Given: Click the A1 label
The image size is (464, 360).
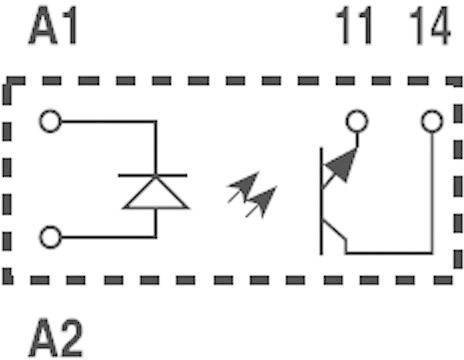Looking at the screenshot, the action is point(53,25).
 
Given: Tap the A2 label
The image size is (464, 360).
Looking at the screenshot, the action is point(56,338).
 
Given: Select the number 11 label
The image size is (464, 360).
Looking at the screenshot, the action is point(354,25).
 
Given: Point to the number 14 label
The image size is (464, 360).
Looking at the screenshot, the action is point(430,25).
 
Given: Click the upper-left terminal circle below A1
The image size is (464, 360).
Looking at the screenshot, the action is point(50,121).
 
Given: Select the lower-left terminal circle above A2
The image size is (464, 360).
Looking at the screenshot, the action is point(50,237).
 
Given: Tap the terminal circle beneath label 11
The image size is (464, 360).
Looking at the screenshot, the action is point(357,121).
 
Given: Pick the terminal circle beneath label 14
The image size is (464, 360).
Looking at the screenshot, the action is point(432,121).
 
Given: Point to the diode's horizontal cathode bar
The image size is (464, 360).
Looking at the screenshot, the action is point(153,175).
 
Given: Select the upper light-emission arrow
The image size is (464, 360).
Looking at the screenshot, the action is point(243,187).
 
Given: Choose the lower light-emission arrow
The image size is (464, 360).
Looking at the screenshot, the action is point(261,202).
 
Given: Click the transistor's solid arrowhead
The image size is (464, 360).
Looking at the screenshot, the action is point(342,164).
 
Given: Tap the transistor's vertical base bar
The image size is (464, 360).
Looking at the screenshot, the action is point(321,201).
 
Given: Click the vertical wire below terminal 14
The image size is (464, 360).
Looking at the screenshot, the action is point(432,193).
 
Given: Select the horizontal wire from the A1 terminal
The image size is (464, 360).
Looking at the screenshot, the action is point(109,121).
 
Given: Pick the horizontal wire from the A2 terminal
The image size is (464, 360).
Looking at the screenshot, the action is point(109,237).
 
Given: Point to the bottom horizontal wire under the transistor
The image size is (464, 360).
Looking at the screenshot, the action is point(389,253).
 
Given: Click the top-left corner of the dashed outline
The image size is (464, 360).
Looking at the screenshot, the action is point(7,81).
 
